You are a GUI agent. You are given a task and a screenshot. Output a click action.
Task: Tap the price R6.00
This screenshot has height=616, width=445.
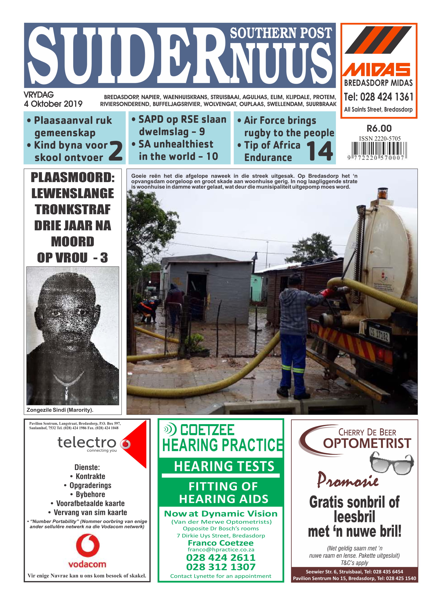pyautogui.click(x=379, y=128)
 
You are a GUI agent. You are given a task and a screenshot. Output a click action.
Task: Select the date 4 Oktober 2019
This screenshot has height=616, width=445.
pyautogui.click(x=53, y=104)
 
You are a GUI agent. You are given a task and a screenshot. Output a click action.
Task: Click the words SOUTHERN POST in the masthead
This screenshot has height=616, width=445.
pyautogui.click(x=281, y=33)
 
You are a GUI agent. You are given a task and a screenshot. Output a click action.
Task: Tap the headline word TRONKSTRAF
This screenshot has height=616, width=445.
pyautogui.click(x=73, y=210)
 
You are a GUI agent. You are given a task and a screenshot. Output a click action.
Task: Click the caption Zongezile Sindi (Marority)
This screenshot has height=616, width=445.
pyautogui.click(x=60, y=410)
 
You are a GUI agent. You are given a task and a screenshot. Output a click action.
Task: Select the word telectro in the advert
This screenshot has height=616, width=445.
pyautogui.click(x=87, y=443)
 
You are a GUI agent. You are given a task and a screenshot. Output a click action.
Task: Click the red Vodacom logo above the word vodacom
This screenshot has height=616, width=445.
pyautogui.click(x=88, y=545)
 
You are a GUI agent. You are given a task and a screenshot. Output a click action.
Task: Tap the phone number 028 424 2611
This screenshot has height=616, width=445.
pyautogui.click(x=221, y=558)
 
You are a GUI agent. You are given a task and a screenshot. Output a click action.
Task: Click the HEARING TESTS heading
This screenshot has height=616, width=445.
pyautogui.click(x=224, y=466)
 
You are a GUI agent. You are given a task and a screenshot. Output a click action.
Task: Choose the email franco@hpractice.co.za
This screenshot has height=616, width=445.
pyautogui.click(x=221, y=550)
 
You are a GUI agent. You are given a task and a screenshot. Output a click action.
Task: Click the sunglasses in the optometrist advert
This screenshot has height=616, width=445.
pyautogui.click(x=392, y=464)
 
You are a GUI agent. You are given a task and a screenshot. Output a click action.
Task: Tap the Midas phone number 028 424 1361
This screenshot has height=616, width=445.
pyautogui.click(x=386, y=97)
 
